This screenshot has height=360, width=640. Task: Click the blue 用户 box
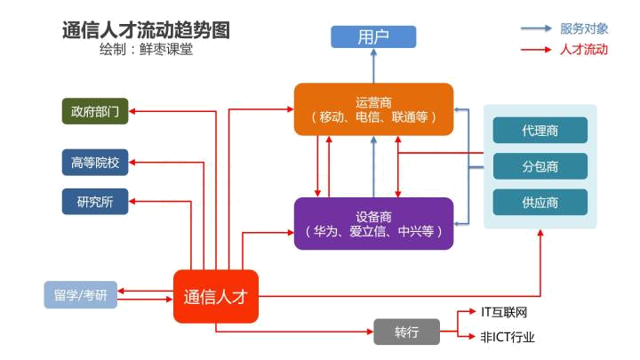[x=373, y=36]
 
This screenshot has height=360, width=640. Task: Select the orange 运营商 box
[x=373, y=108]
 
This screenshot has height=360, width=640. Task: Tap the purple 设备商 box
[x=373, y=223]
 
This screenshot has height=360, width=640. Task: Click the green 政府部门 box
[x=95, y=112]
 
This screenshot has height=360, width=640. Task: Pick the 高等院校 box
[x=95, y=163]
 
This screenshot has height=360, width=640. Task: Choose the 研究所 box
[x=95, y=202]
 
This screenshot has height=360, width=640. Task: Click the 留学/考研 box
[x=81, y=295]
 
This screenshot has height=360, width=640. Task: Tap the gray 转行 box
[x=406, y=332]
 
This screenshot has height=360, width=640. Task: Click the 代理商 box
[x=540, y=130]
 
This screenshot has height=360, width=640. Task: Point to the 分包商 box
[x=540, y=165]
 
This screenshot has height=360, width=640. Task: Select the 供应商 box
[x=540, y=202]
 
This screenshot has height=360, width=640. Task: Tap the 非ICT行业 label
[x=508, y=338]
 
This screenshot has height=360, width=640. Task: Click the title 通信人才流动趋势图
[x=146, y=29]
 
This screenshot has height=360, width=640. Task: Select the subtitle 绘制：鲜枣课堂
[x=147, y=50]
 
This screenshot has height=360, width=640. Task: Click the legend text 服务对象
[x=584, y=28]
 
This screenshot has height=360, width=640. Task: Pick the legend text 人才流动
[x=584, y=50]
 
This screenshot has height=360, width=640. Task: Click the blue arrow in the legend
[x=536, y=28]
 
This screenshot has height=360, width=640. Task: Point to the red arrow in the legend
[x=536, y=50]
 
